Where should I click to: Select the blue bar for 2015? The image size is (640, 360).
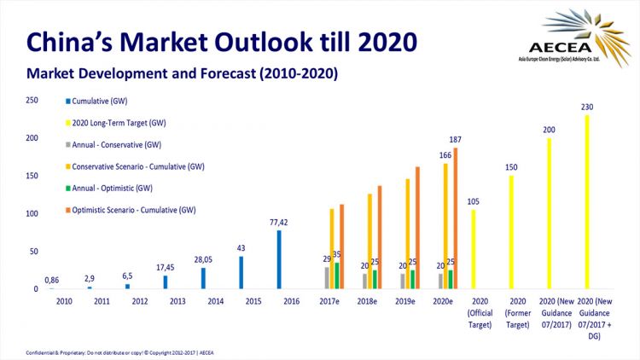241,272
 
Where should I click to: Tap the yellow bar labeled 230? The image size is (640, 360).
586,201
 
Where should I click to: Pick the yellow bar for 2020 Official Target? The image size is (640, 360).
473,248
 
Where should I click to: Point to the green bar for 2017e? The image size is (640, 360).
337,275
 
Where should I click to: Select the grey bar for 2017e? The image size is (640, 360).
326,277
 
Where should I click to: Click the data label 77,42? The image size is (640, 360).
278,222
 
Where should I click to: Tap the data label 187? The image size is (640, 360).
456,139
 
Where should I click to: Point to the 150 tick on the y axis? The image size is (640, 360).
32,176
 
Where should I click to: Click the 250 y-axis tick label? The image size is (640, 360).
32,100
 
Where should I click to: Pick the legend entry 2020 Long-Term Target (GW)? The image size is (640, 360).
124,122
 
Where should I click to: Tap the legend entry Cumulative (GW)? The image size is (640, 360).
102,101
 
